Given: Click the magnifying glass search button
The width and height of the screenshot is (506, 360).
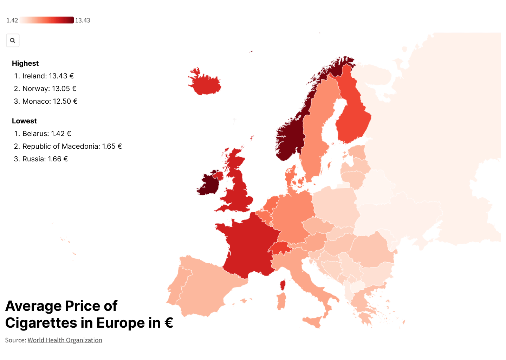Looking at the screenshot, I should pyautogui.click(x=13, y=40).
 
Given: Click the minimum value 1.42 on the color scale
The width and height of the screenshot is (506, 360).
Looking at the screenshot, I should pyautogui.click(x=12, y=20).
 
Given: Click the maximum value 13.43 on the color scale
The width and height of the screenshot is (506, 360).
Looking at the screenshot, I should pyautogui.click(x=83, y=20).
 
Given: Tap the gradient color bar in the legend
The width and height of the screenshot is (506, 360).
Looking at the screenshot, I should pyautogui.click(x=46, y=20).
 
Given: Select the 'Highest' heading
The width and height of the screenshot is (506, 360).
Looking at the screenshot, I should pyautogui.click(x=25, y=63).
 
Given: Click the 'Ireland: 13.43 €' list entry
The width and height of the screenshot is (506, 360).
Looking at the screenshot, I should pyautogui.click(x=48, y=76).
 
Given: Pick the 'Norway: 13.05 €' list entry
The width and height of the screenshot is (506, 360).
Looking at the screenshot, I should pyautogui.click(x=49, y=89).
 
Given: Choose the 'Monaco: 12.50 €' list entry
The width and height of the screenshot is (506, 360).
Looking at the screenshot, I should pyautogui.click(x=50, y=101).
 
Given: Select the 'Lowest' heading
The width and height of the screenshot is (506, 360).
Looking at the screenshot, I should pyautogui.click(x=24, y=121).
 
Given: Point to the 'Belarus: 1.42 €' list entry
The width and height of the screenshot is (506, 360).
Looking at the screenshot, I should pyautogui.click(x=47, y=134).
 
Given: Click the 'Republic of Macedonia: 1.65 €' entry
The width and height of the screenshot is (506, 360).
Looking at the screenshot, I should pyautogui.click(x=72, y=146).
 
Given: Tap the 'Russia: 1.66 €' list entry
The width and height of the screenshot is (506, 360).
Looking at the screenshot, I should pyautogui.click(x=45, y=159).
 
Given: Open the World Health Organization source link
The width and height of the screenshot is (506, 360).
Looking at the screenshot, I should pyautogui.click(x=65, y=340).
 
